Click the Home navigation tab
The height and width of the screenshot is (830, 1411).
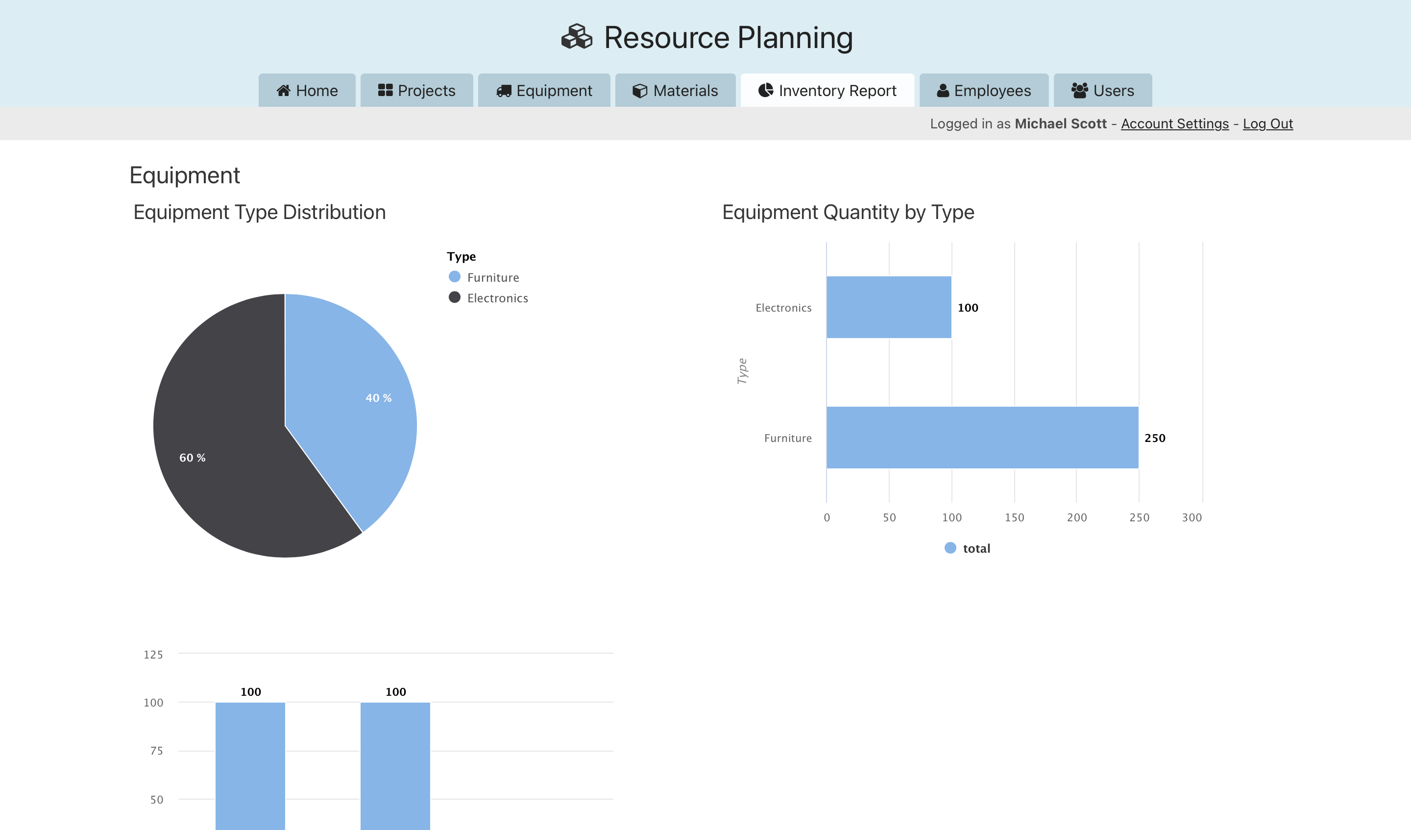(307, 91)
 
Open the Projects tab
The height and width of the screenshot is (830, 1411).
(416, 91)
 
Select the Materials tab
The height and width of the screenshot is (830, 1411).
(675, 91)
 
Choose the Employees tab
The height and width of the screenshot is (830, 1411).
(984, 91)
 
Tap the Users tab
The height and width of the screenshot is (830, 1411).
(1102, 91)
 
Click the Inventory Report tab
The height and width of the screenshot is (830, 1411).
(827, 91)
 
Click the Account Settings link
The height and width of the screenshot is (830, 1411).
(1174, 124)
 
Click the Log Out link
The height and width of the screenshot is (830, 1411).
(1267, 124)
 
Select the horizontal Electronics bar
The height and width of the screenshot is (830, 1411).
(889, 308)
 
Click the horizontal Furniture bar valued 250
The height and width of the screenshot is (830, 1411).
(982, 438)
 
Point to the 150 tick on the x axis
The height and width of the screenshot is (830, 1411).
(1014, 517)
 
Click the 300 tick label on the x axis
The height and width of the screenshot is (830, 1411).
(1192, 517)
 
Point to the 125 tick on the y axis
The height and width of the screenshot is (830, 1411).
(153, 655)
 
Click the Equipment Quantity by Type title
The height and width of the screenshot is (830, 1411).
(848, 212)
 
